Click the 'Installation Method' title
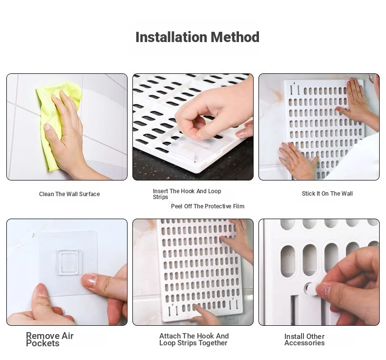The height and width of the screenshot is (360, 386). (x=197, y=38)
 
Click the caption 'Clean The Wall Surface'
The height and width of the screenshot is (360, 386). (x=69, y=194)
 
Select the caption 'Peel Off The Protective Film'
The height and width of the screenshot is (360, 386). (x=208, y=206)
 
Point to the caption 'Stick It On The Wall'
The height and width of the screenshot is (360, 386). (x=327, y=194)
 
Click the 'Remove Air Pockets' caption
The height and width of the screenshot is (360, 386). (x=50, y=339)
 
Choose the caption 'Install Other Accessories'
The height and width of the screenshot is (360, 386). (x=304, y=340)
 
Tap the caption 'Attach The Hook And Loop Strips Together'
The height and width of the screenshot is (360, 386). (x=194, y=339)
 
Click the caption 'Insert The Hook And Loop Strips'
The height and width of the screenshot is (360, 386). (x=187, y=194)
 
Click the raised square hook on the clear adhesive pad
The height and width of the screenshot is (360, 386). (x=67, y=263)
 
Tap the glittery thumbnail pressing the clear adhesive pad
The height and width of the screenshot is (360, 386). (x=89, y=280)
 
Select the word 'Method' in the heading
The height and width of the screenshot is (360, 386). (x=235, y=38)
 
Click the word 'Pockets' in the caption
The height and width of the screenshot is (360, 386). (x=43, y=343)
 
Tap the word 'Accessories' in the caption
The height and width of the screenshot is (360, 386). (x=304, y=343)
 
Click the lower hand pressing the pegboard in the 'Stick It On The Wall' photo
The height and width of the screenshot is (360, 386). (x=299, y=159)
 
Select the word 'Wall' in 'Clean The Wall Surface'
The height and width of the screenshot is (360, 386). (x=72, y=194)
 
